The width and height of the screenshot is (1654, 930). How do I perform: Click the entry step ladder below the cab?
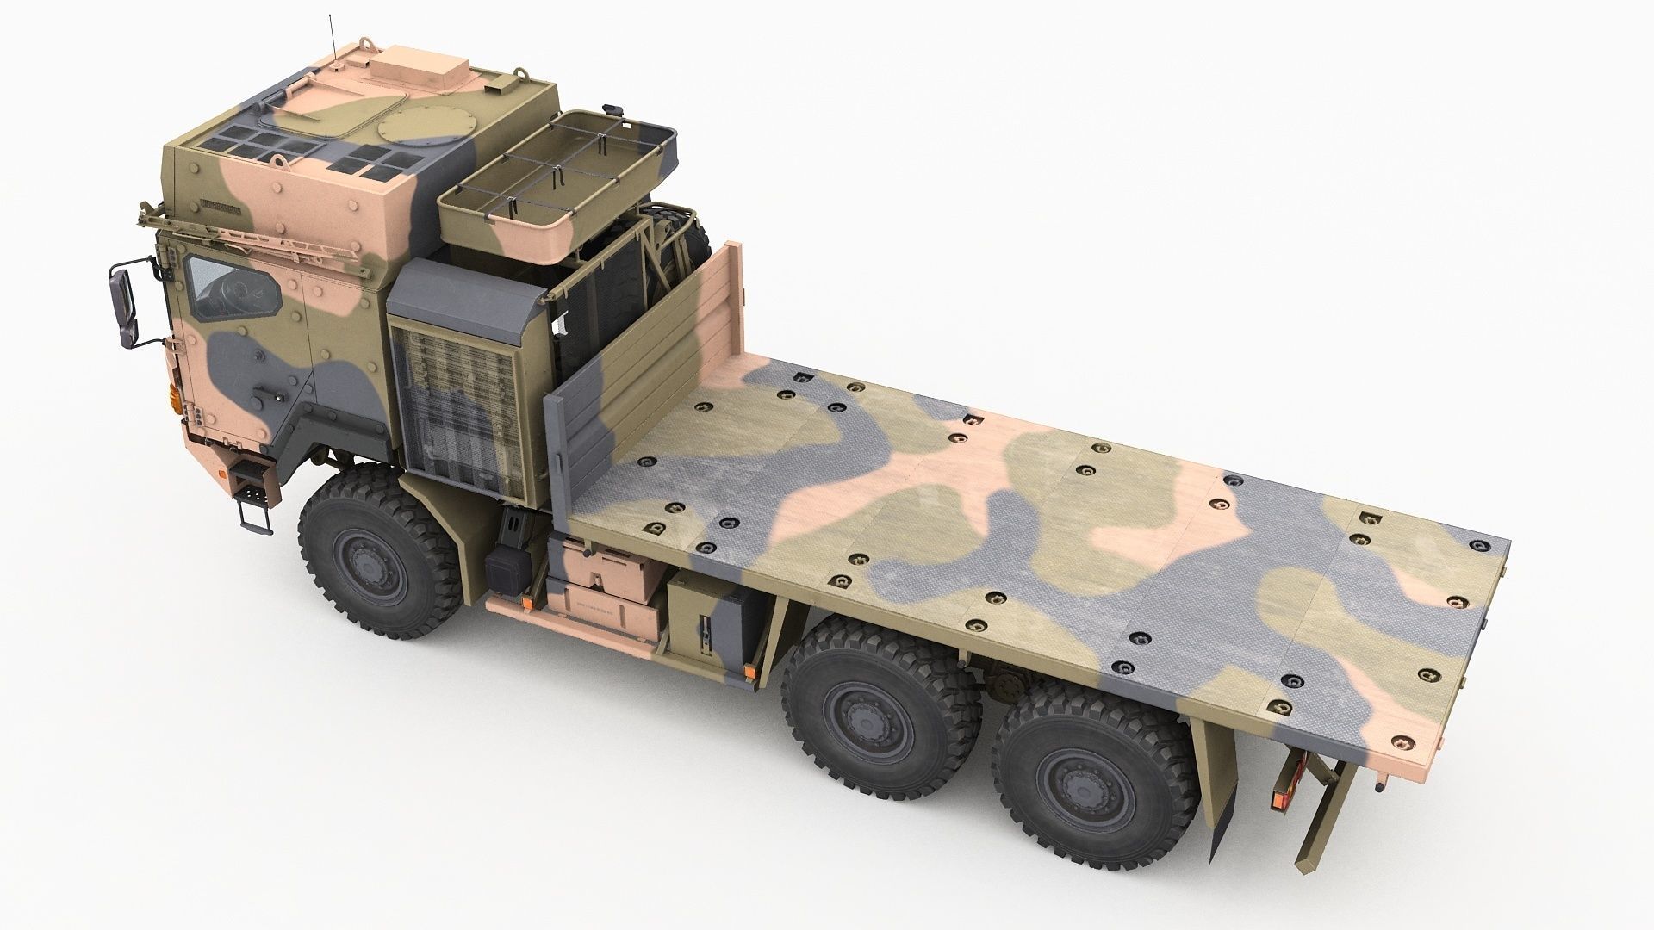point(252,499)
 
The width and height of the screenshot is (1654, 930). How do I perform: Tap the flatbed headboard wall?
point(655,362)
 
